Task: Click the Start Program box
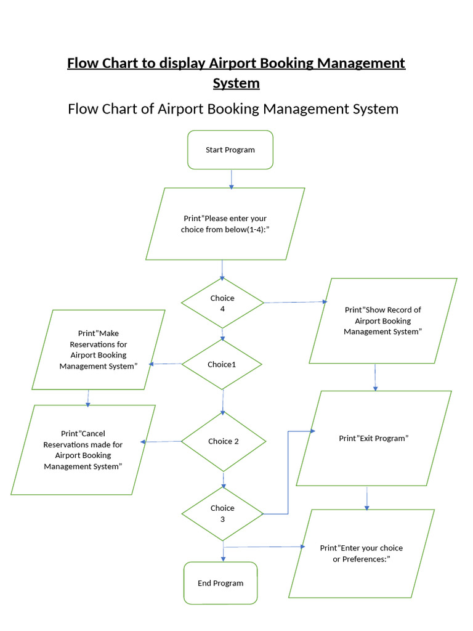point(230,150)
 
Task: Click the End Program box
point(220,583)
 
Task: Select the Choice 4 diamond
point(222,303)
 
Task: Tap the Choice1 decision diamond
point(222,364)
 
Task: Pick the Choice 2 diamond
point(223,441)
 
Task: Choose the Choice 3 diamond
point(222,513)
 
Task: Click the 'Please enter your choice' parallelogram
point(225,224)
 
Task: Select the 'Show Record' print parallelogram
point(382,320)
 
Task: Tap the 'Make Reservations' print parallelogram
point(99,349)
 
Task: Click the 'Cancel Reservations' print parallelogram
point(83,450)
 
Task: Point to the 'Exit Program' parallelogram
point(374,438)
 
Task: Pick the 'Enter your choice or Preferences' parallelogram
point(362,553)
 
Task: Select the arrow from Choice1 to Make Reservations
point(166,364)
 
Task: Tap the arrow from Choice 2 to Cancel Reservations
point(161,441)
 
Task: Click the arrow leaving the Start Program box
point(231,179)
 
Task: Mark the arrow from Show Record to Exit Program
point(375,377)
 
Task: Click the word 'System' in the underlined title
point(236,83)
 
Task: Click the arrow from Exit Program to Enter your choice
point(367,498)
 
